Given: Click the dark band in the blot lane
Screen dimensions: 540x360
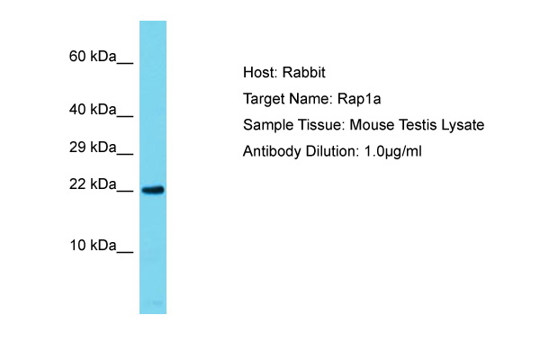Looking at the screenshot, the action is (153, 190).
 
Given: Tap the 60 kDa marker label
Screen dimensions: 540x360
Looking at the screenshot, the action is (93, 56).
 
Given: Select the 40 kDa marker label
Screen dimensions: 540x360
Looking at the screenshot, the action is (93, 110).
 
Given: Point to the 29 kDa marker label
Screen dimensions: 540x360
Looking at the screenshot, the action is (93, 147).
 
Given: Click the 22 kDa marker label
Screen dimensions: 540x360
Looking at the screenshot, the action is (93, 184).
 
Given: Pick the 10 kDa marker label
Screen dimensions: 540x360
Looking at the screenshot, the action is (93, 246).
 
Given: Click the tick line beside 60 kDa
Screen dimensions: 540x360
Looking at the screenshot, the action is (125, 63).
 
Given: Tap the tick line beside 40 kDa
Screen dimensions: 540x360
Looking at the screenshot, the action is (125, 117).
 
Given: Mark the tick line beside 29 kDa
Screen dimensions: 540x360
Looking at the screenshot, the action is (125, 154).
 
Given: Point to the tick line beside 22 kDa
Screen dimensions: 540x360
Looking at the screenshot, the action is (125, 192).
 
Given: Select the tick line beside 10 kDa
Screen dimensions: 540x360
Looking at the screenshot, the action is (125, 253).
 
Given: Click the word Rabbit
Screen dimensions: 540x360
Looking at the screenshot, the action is (304, 72).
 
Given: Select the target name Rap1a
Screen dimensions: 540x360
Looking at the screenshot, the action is (359, 99).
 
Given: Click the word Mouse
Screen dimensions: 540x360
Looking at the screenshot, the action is (372, 125).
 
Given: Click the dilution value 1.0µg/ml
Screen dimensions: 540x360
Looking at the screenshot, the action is (392, 152).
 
